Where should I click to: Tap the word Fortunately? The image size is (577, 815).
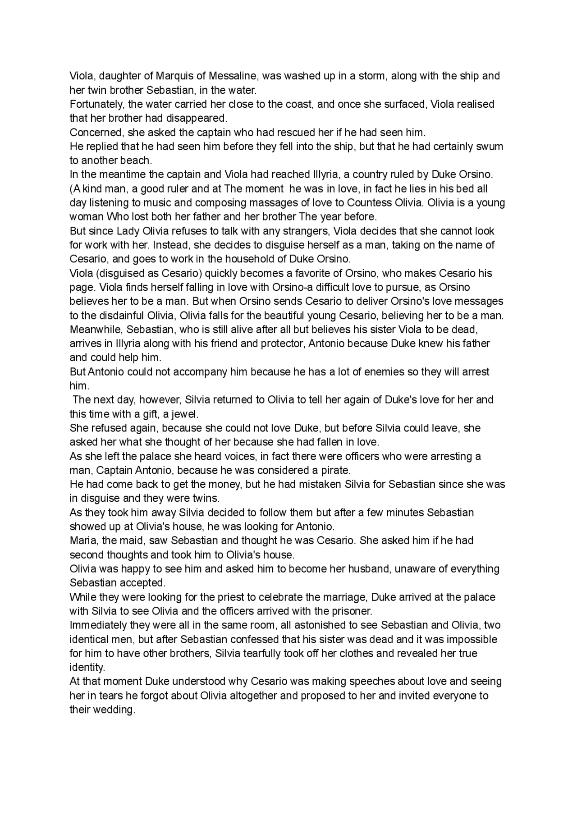96,104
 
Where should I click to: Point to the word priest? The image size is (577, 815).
245,597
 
